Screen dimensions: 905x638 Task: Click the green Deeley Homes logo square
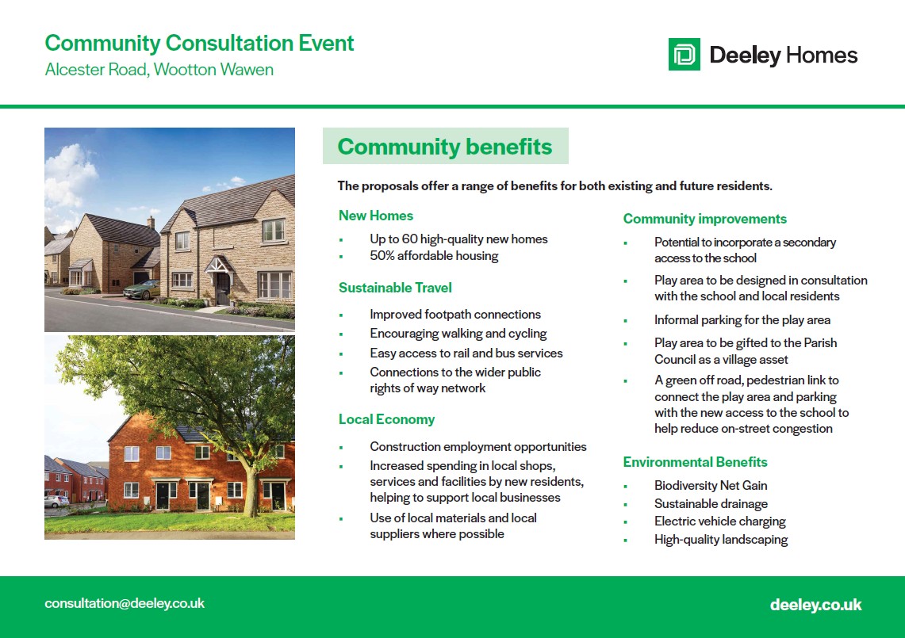tap(684, 54)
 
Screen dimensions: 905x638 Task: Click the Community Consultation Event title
tap(199, 44)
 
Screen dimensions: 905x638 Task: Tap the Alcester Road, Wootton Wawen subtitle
tap(159, 70)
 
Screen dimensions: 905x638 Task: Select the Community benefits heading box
tap(446, 146)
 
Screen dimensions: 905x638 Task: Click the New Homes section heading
tap(376, 216)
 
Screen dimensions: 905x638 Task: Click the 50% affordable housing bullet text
tap(434, 256)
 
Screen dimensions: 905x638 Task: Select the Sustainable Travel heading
tap(395, 288)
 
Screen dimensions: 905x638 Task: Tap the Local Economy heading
tap(387, 419)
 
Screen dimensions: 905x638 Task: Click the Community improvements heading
tap(704, 220)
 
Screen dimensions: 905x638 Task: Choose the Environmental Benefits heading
tap(695, 462)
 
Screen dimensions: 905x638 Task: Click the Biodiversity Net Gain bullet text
tap(711, 486)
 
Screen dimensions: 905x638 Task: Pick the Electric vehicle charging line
tap(719, 521)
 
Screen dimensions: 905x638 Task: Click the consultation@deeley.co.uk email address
tap(125, 603)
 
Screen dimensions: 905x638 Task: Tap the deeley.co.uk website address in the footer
tap(815, 605)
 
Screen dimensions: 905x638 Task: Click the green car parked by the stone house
tap(141, 289)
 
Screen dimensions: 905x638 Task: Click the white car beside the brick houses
tap(56, 501)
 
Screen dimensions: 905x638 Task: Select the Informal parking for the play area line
tap(742, 320)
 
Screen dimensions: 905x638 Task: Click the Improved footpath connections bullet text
tap(455, 315)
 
